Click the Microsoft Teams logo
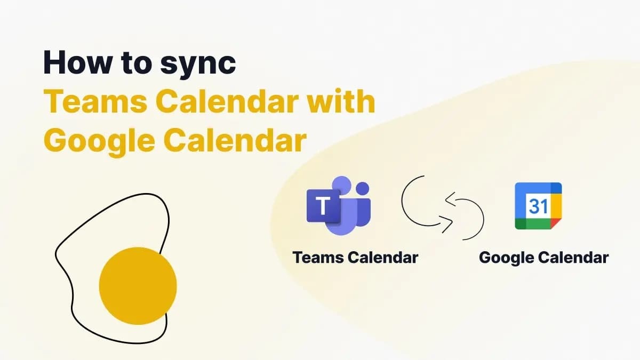pyautogui.click(x=338, y=205)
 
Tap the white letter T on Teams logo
pyautogui.click(x=322, y=206)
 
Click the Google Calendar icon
pyautogui.click(x=538, y=206)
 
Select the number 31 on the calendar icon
pyautogui.click(x=538, y=206)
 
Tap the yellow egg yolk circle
pyautogui.click(x=138, y=286)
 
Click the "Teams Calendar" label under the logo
pyautogui.click(x=355, y=258)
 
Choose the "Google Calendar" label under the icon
pyautogui.click(x=543, y=258)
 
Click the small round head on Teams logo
pyautogui.click(x=363, y=189)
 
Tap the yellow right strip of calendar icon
pyautogui.click(x=556, y=206)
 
